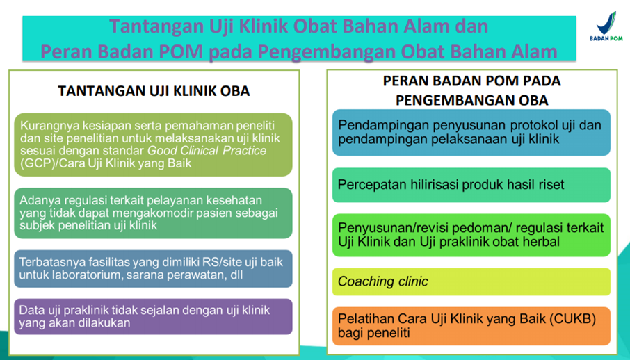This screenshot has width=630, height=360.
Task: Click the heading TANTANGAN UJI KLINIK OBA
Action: [154, 92]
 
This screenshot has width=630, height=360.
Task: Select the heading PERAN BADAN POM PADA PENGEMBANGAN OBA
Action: [471, 90]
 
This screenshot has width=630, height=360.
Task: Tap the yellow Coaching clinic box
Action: [471, 281]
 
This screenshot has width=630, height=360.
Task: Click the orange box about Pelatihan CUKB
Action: [471, 326]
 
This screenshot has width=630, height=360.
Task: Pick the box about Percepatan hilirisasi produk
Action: [471, 185]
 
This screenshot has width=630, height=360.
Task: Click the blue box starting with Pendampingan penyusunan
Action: [471, 132]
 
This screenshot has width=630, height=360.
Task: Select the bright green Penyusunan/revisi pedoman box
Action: [471, 234]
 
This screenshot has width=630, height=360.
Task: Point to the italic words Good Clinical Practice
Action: [207, 151]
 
